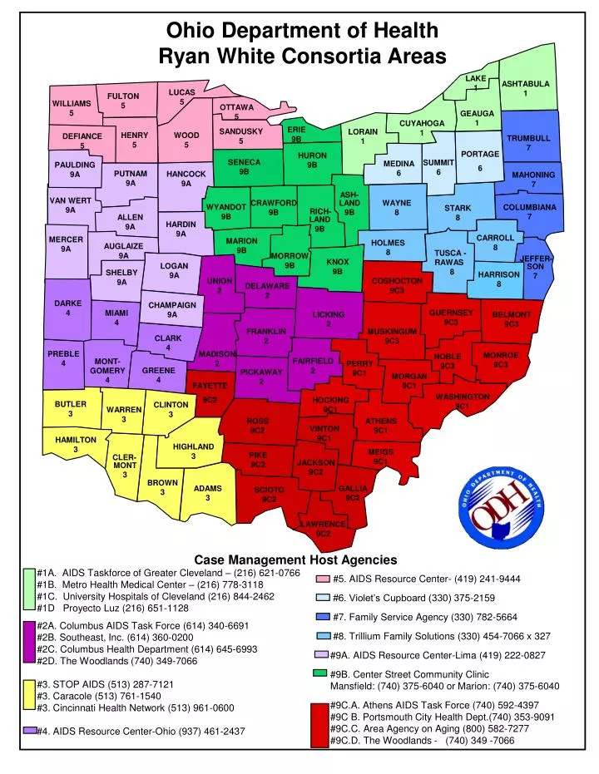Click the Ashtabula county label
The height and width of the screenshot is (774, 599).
[525, 84]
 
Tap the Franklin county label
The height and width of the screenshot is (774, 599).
[265, 332]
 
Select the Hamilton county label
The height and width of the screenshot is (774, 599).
[76, 439]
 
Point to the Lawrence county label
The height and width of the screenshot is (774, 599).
[323, 525]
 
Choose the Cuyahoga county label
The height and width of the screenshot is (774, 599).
[422, 123]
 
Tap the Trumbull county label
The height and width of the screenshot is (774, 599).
[528, 138]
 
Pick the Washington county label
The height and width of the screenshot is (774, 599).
[462, 397]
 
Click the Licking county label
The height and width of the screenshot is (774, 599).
[328, 314]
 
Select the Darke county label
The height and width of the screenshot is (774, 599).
[67, 303]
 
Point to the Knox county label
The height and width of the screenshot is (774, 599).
[338, 262]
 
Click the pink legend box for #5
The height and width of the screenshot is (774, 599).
[321, 579]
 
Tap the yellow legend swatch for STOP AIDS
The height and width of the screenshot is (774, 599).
[29, 695]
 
